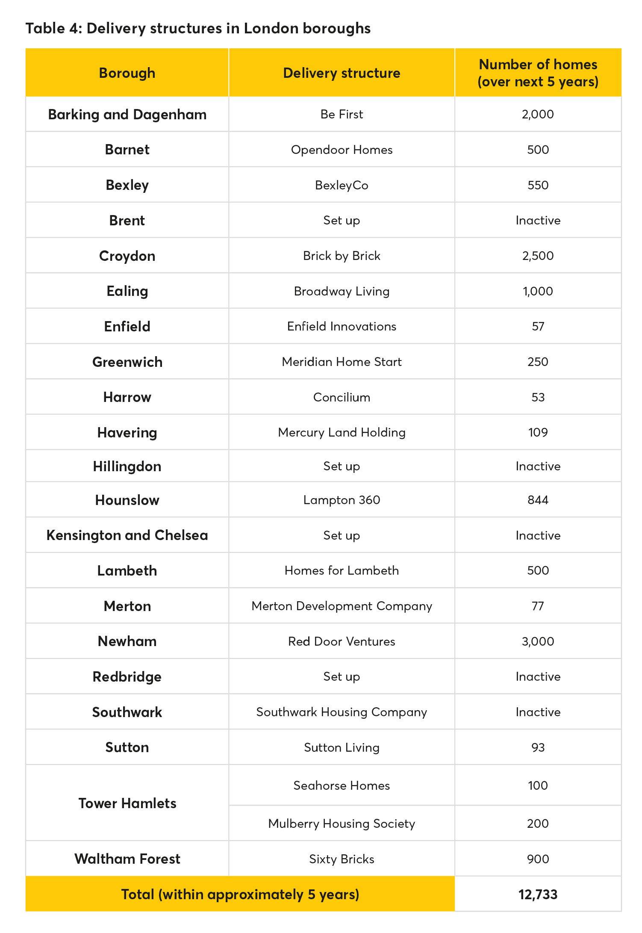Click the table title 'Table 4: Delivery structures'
tap(198, 29)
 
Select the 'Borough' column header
tap(127, 73)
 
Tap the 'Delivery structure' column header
tap(342, 73)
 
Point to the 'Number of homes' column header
tap(538, 73)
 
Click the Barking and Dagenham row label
tap(127, 115)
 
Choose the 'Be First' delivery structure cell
tap(342, 115)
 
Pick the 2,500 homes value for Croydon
tap(538, 256)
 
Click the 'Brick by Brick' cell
tap(342, 256)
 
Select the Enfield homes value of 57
tap(538, 327)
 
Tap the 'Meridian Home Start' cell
tap(342, 362)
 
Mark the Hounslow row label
tap(127, 500)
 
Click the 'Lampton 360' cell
tap(342, 500)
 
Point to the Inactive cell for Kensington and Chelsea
tap(538, 535)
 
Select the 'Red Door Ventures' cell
tap(342, 641)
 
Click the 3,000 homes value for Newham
tap(538, 641)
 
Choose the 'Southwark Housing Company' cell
tap(342, 712)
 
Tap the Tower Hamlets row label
tap(127, 803)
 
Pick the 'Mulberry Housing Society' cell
tap(342, 824)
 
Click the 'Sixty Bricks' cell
tap(342, 859)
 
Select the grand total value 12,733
tap(538, 895)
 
